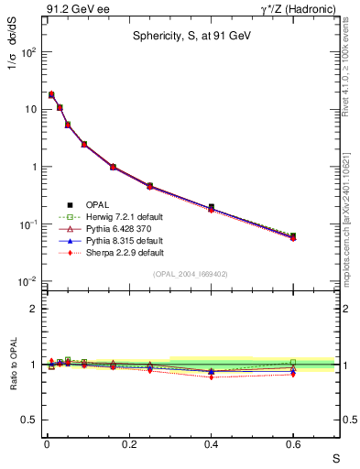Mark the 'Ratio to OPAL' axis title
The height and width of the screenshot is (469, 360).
click(14, 364)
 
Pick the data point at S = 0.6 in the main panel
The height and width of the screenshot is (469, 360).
click(293, 236)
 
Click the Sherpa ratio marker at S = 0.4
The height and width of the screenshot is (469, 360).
click(211, 376)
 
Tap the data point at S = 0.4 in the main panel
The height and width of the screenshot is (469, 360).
click(211, 207)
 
